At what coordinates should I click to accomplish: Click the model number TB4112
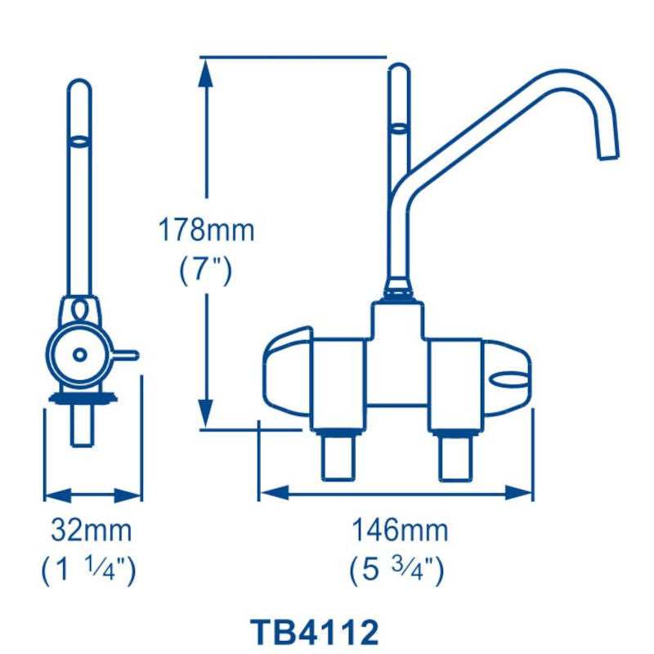[x=314, y=632]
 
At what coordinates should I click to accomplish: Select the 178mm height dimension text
[x=206, y=231]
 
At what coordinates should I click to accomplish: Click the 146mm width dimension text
[x=400, y=531]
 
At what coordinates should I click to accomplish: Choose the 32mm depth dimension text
[x=92, y=531]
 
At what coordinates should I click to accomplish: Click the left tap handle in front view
[x=286, y=373]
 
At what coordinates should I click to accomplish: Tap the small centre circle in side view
[x=79, y=354]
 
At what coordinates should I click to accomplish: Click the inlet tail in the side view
[x=81, y=425]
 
